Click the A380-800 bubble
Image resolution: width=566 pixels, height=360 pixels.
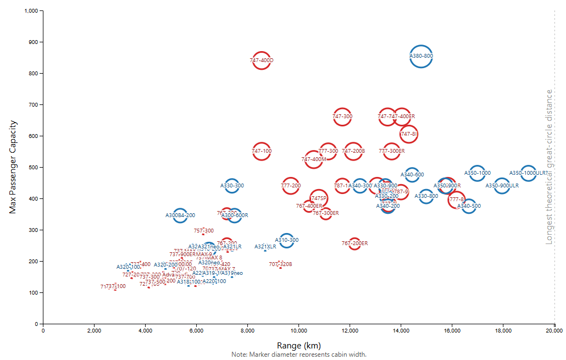pos(421,56)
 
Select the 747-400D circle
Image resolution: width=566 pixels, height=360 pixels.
pos(262,60)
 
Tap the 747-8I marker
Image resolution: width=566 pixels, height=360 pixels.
pos(409,134)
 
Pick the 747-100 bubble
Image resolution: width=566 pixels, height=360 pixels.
pos(262,151)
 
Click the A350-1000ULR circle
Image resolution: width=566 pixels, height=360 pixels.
pos(528,173)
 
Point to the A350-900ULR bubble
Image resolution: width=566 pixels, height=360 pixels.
pos(502,186)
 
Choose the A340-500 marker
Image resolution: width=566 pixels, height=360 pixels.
pos(469,206)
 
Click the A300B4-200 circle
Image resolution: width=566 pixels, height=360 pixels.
pos(180,215)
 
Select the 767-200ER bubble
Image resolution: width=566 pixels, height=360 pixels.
pos(354,243)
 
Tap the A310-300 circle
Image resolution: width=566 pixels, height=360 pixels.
pos(287,240)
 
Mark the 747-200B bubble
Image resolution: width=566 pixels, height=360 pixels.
pos(353,151)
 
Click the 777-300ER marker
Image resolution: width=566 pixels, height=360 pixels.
pos(392,151)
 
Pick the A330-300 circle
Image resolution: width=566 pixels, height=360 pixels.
pos(232,186)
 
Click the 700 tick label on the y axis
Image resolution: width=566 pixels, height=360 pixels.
pos(33,104)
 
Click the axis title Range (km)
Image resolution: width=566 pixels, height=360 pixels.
pos(299,345)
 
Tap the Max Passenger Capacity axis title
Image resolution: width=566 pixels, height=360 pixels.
pos(13,167)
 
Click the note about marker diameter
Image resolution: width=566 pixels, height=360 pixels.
pos(299,355)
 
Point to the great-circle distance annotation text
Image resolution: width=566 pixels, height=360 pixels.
pos(549,167)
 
